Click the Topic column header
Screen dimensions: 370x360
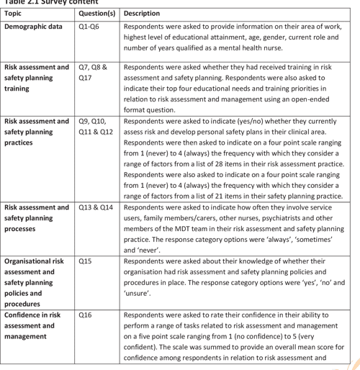tap(16, 14)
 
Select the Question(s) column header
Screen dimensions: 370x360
tap(97, 14)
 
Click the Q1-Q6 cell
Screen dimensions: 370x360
tap(91, 26)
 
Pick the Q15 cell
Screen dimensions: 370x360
tap(86, 263)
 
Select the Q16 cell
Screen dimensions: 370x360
tap(86, 315)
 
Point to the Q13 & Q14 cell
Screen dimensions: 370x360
tap(96, 207)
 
